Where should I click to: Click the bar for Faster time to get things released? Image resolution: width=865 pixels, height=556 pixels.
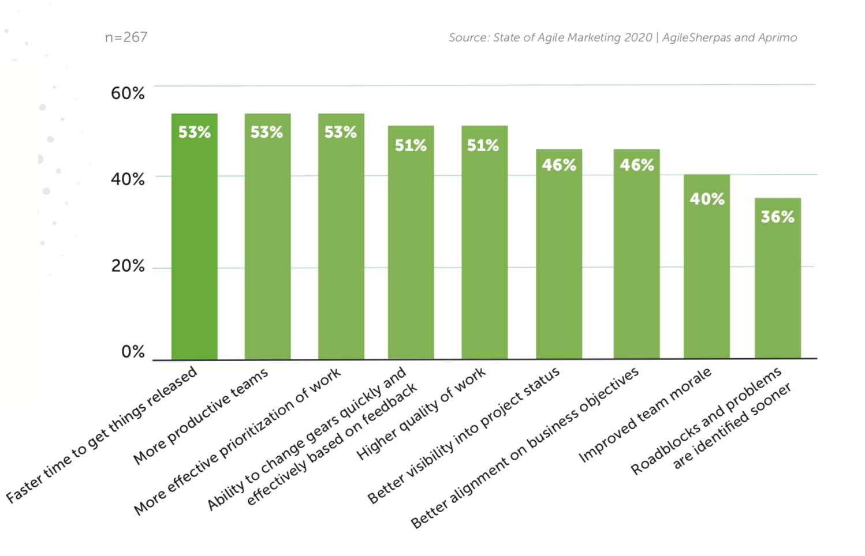[x=194, y=242]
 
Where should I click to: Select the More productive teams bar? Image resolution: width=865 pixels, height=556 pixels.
[x=267, y=242]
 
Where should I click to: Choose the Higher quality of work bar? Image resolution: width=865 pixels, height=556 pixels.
[x=484, y=248]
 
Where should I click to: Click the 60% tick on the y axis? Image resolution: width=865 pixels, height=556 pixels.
[x=128, y=93]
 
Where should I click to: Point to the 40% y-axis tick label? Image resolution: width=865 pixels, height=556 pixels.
[x=128, y=179]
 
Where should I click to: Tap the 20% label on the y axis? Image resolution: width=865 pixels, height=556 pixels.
[x=128, y=266]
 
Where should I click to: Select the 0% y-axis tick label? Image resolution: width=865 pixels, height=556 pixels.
[x=133, y=351]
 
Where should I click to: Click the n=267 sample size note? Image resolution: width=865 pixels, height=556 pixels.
[x=126, y=37]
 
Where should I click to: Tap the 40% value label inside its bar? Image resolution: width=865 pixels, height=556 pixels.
[x=707, y=199]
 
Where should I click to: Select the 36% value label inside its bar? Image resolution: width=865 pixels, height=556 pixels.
[x=777, y=217]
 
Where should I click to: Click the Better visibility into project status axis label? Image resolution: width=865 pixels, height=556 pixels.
[x=464, y=435]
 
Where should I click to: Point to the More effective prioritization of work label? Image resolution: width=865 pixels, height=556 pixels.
[x=237, y=442]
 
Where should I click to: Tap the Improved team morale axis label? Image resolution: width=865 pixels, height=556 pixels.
[x=645, y=415]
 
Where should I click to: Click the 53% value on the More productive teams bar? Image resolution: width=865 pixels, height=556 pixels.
[x=267, y=132]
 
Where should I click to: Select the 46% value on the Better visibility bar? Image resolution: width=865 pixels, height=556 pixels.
[x=558, y=165]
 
